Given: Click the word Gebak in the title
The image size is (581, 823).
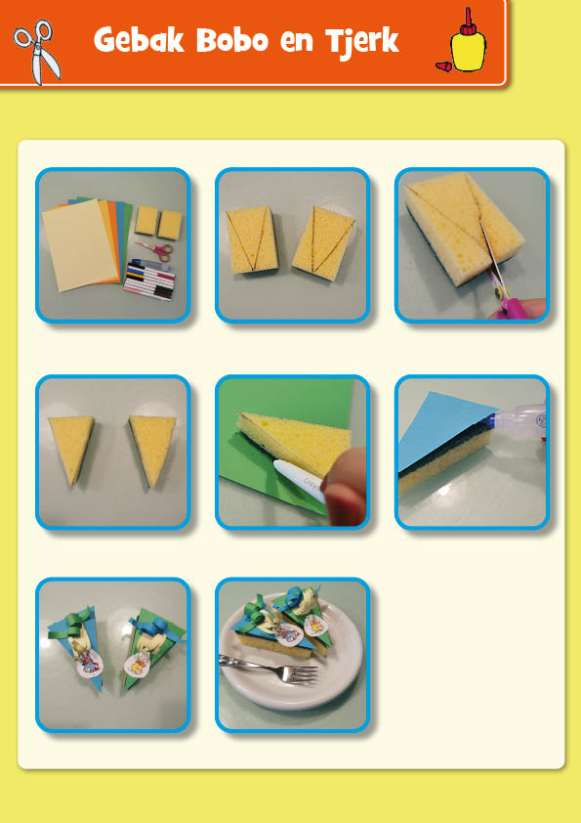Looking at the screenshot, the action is point(139,40).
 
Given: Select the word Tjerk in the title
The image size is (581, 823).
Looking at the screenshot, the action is point(362,41).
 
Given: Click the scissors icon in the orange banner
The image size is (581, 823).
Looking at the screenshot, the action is point(36,51).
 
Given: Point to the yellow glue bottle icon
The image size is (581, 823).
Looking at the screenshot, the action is point(468,43).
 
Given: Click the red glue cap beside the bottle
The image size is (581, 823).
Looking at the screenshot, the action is point(443,66).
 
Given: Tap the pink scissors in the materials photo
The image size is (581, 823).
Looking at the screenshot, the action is point(155,250).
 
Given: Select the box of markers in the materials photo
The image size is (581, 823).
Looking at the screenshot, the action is point(149,280).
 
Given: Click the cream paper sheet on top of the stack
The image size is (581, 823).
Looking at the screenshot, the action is point(79,244).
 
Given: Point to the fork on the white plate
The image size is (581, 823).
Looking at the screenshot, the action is point(269,669).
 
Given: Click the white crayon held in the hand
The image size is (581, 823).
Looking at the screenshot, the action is point(302,481).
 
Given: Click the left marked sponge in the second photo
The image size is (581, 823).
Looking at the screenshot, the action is point(251,239).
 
